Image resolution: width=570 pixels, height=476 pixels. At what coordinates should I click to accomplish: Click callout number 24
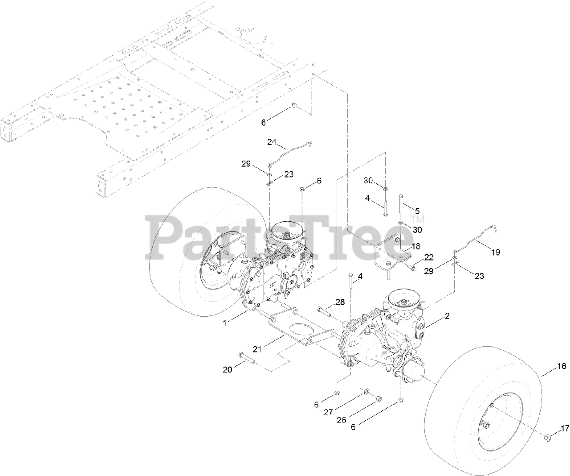(x=272, y=142)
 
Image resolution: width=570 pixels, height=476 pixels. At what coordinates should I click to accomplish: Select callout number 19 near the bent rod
(x=495, y=252)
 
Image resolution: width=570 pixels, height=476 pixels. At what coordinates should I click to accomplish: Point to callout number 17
(x=565, y=429)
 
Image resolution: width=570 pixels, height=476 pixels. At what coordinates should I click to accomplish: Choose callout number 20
(x=228, y=370)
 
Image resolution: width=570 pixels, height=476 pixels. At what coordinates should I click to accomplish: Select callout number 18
(x=415, y=246)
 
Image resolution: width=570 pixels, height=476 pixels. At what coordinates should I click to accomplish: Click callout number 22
(x=428, y=257)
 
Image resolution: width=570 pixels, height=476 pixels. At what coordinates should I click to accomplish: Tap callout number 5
(x=417, y=210)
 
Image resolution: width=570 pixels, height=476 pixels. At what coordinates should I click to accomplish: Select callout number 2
(x=447, y=316)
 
